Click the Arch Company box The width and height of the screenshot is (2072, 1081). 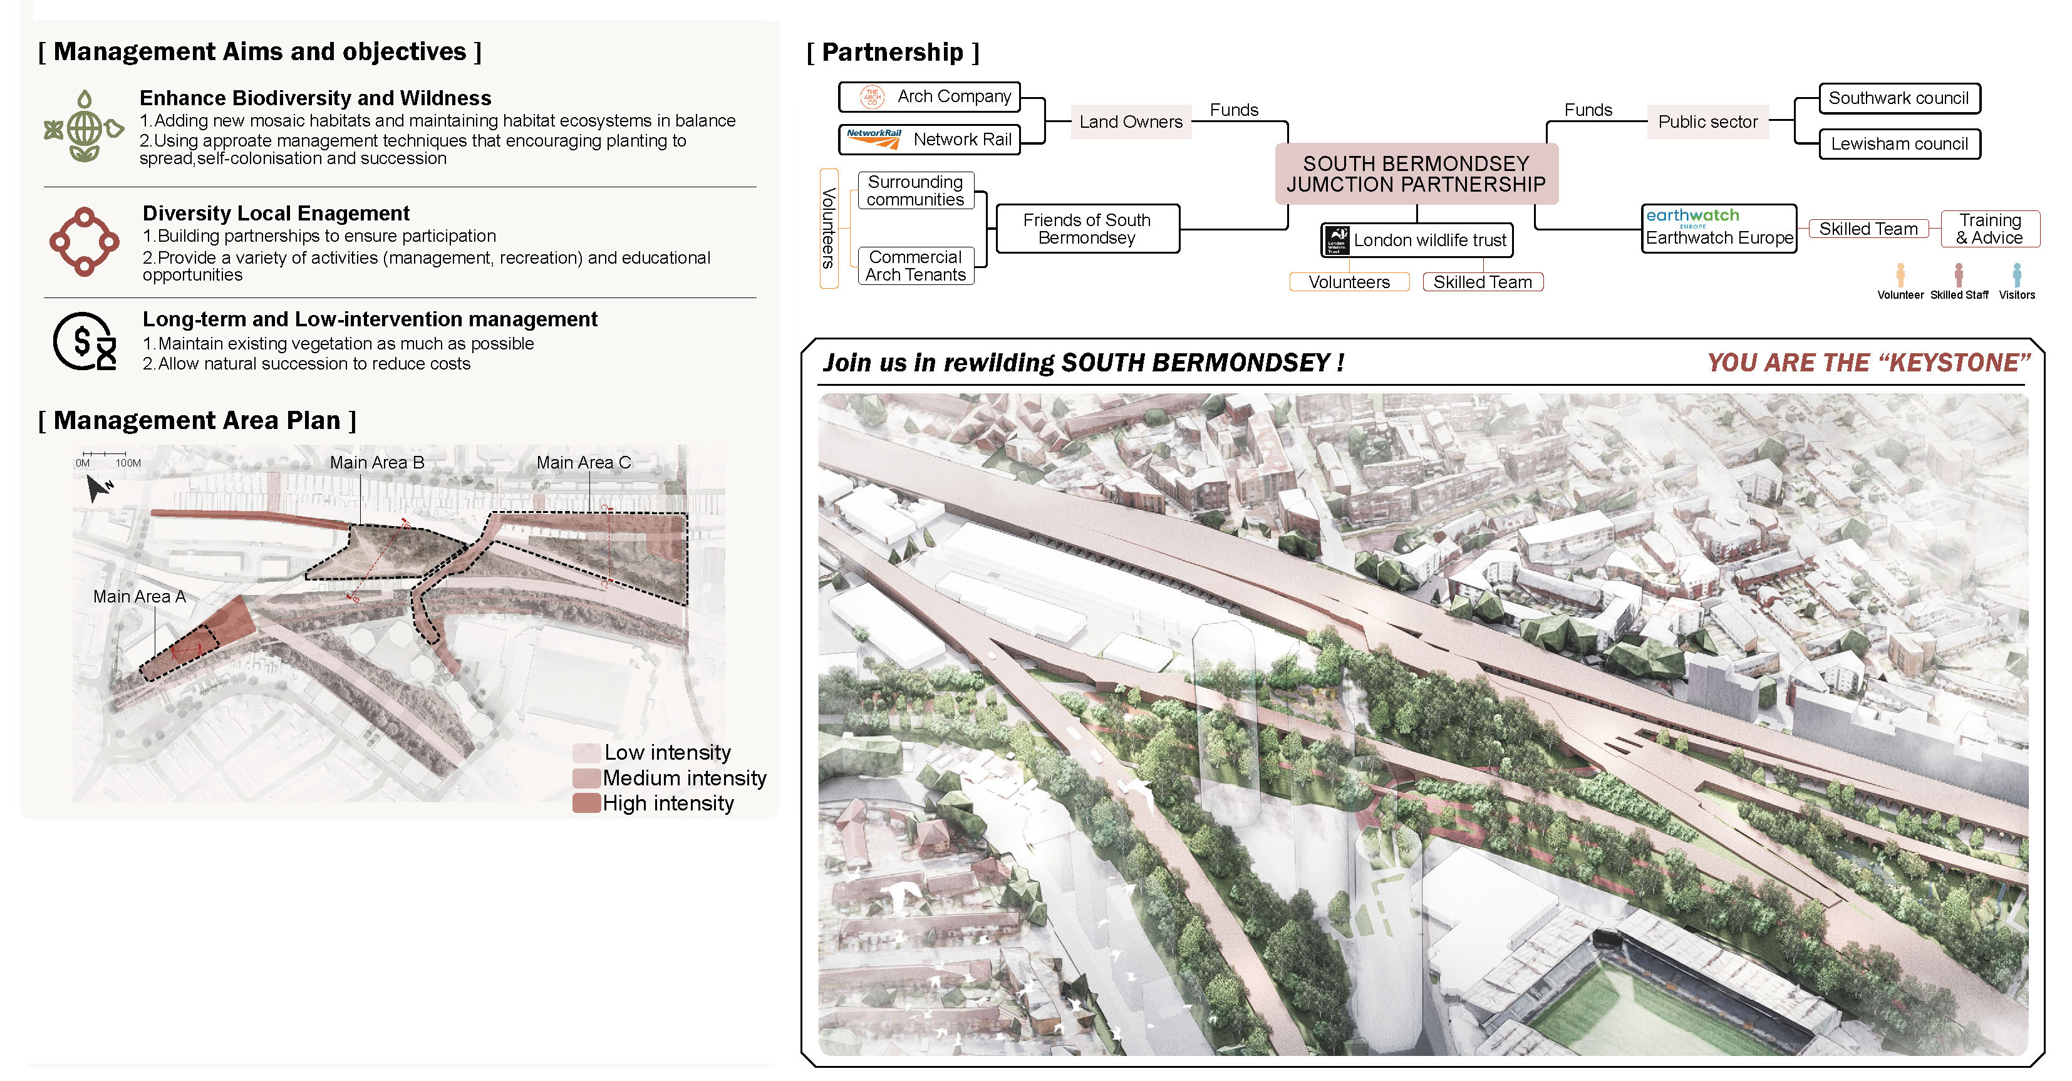coord(929,96)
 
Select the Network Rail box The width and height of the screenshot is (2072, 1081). coord(929,139)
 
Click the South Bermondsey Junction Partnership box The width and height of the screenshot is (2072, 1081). coord(1416,173)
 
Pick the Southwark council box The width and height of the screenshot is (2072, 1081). coord(1899,98)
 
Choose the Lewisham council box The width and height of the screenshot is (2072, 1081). coord(1899,144)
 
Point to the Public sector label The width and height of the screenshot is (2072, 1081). coord(1707,122)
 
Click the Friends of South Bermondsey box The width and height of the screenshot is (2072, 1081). coord(1087,229)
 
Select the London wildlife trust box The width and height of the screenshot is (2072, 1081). coord(1416,240)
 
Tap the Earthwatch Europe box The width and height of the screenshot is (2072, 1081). coord(1719,229)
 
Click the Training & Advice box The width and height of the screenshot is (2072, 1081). coord(1990,229)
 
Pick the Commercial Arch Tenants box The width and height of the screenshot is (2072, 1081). coord(916,266)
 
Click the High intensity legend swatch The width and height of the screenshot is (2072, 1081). coord(586,803)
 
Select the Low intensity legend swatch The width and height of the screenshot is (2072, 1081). coord(586,753)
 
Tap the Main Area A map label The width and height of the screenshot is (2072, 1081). coord(139,597)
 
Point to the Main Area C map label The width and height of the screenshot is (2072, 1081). coord(583,462)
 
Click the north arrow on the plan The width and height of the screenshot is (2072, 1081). coord(100,487)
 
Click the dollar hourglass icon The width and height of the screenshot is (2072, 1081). coord(85,342)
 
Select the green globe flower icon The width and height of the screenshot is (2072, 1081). coord(84,127)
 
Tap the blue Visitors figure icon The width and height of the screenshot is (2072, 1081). coord(2016,275)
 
